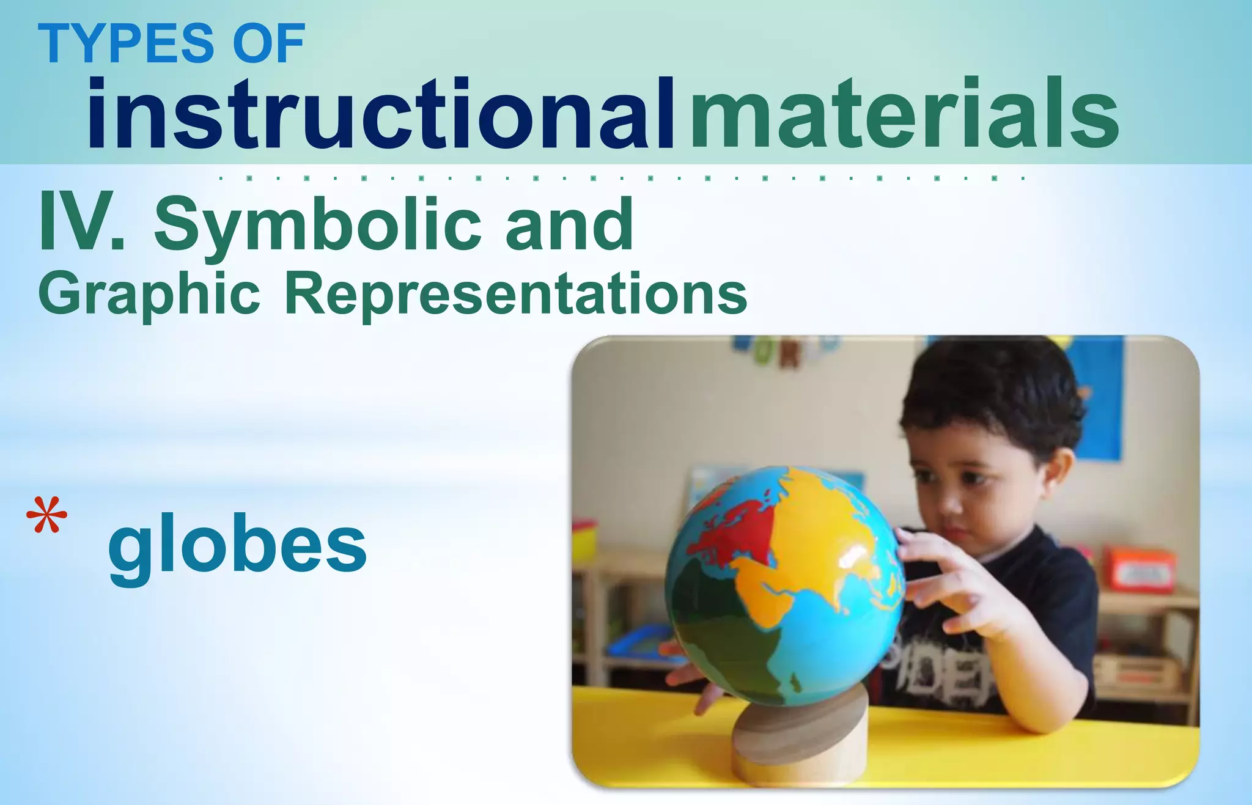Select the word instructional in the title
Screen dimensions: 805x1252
tap(381, 115)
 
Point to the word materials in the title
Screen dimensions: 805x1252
tap(905, 115)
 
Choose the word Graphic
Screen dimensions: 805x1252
tap(149, 295)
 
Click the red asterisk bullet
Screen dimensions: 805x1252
tap(46, 516)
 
